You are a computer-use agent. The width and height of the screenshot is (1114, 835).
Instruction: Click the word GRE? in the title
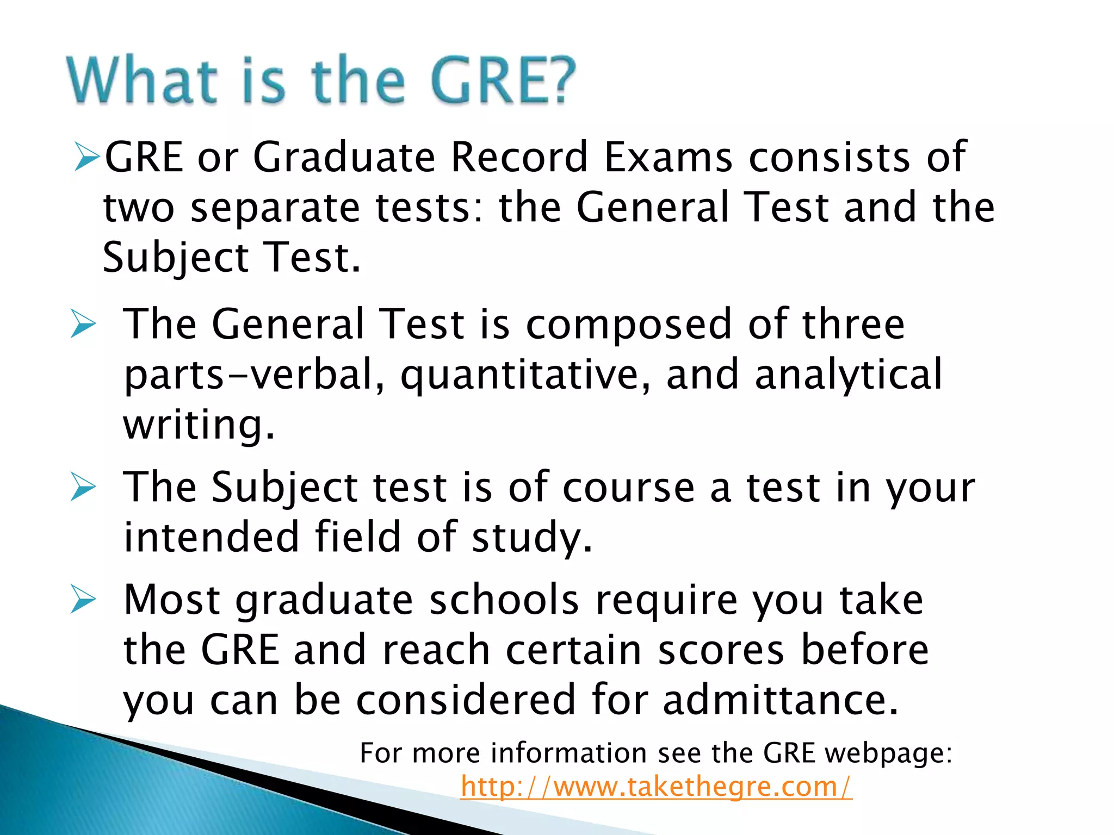(503, 80)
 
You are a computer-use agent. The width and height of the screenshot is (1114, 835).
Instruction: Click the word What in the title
(143, 80)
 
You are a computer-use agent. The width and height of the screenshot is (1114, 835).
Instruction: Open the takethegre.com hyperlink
(656, 787)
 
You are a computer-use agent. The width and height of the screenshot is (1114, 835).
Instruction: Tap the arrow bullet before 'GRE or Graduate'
(87, 157)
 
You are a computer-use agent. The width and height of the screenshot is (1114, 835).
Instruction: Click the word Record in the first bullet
(519, 157)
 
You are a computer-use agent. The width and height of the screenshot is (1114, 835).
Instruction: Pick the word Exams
(669, 157)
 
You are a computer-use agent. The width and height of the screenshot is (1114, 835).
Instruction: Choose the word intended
(212, 537)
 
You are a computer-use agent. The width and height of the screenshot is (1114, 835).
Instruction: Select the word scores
(721, 650)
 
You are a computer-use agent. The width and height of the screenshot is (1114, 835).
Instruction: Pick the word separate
(275, 208)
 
